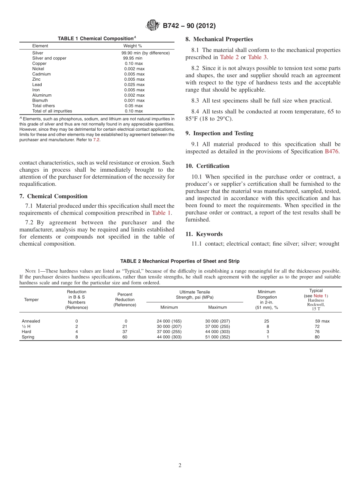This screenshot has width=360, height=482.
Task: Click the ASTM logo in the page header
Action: click(153, 26)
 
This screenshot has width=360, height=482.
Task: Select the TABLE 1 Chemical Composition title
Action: click(97, 39)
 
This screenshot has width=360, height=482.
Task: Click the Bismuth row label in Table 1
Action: click(40, 100)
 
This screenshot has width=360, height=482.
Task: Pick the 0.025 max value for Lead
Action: click(134, 85)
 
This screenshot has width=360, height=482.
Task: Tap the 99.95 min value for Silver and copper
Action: click(133, 58)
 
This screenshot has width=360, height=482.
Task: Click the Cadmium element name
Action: click(41, 74)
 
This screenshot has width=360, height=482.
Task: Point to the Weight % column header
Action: click(133, 46)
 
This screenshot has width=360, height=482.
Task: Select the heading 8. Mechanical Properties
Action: click(219, 39)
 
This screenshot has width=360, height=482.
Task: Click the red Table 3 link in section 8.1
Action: click(257, 57)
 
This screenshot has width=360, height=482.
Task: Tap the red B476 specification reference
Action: click(332, 151)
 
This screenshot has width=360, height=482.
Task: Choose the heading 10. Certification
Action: click(207, 166)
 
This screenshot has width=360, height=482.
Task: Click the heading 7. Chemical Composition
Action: click(53, 196)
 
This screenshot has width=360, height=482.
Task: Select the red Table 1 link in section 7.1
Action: click(161, 213)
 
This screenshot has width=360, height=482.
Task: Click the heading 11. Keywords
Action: click(204, 234)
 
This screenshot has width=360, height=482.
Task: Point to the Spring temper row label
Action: click(28, 337)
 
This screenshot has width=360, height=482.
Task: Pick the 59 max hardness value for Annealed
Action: click(322, 321)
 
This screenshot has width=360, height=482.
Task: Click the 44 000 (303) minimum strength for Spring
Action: click(169, 337)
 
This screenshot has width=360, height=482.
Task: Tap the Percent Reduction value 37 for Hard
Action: click(125, 332)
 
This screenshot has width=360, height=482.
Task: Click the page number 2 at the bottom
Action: click(180, 466)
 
